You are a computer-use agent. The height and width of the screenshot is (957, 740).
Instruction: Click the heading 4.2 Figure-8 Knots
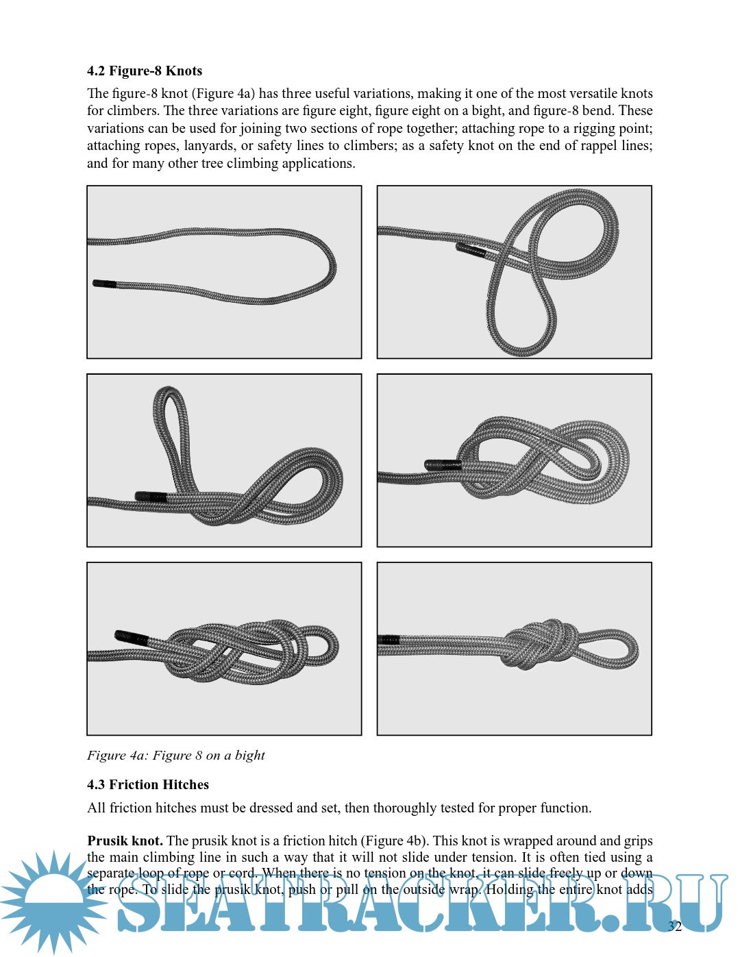pos(145,71)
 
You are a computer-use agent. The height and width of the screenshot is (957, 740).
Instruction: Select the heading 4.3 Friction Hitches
pos(148,785)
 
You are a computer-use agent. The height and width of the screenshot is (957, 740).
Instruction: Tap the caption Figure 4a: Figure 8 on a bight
pos(175,756)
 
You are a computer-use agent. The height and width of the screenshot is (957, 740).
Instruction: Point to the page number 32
pos(675,927)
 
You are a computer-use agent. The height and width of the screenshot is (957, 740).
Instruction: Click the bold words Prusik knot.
pos(125,841)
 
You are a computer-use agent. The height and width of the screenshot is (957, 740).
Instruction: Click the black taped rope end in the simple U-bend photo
pos(104,284)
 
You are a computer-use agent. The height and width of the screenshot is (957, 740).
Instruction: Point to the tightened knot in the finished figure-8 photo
pos(541,645)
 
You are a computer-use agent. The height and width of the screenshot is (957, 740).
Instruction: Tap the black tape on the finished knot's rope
pos(388,640)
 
